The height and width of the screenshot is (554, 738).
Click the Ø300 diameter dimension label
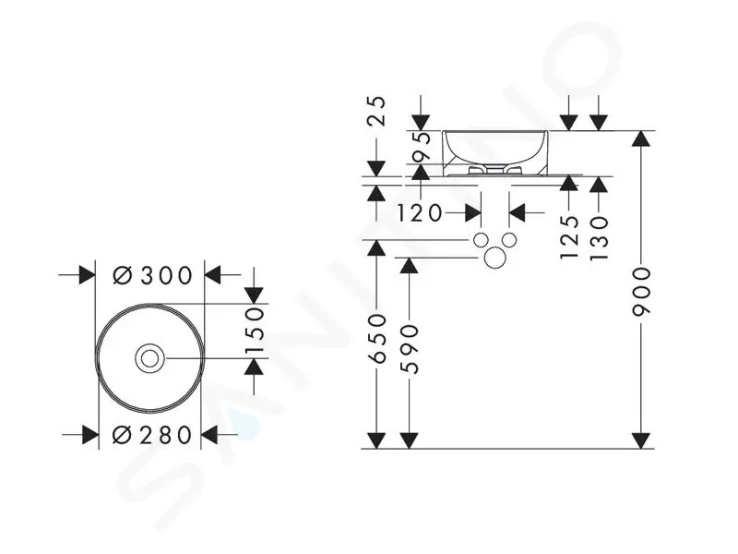153,275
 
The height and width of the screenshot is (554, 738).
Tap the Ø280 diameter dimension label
152,435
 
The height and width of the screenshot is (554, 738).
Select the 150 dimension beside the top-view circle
255,331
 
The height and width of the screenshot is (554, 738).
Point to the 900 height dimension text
641,292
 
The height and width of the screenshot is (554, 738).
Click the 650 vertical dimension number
376,339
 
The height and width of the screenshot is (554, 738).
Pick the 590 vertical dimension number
409,349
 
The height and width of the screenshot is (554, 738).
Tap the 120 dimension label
420,213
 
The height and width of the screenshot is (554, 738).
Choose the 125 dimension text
569,236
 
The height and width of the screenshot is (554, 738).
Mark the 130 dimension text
599,238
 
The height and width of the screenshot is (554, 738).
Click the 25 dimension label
376,111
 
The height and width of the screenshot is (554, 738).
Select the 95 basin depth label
422,147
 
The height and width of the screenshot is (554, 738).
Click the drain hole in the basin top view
149,359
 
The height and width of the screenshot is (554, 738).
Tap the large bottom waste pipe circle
495,258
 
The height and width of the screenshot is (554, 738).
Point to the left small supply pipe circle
481,240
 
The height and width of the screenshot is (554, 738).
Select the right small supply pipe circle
509,240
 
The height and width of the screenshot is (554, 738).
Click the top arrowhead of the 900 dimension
641,138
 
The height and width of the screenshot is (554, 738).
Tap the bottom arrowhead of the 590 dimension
409,441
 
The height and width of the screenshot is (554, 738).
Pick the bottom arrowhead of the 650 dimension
376,441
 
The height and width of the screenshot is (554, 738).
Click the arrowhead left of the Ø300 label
88,275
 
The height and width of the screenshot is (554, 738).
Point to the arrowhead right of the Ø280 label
209,435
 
